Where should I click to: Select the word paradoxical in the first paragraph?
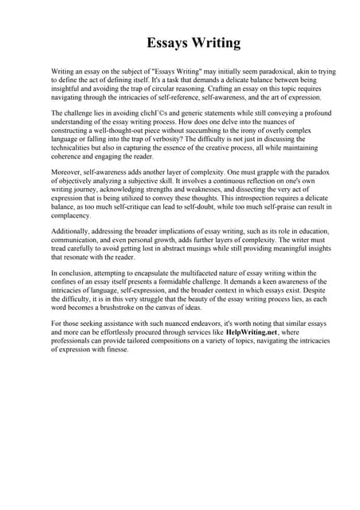(x=256, y=72)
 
